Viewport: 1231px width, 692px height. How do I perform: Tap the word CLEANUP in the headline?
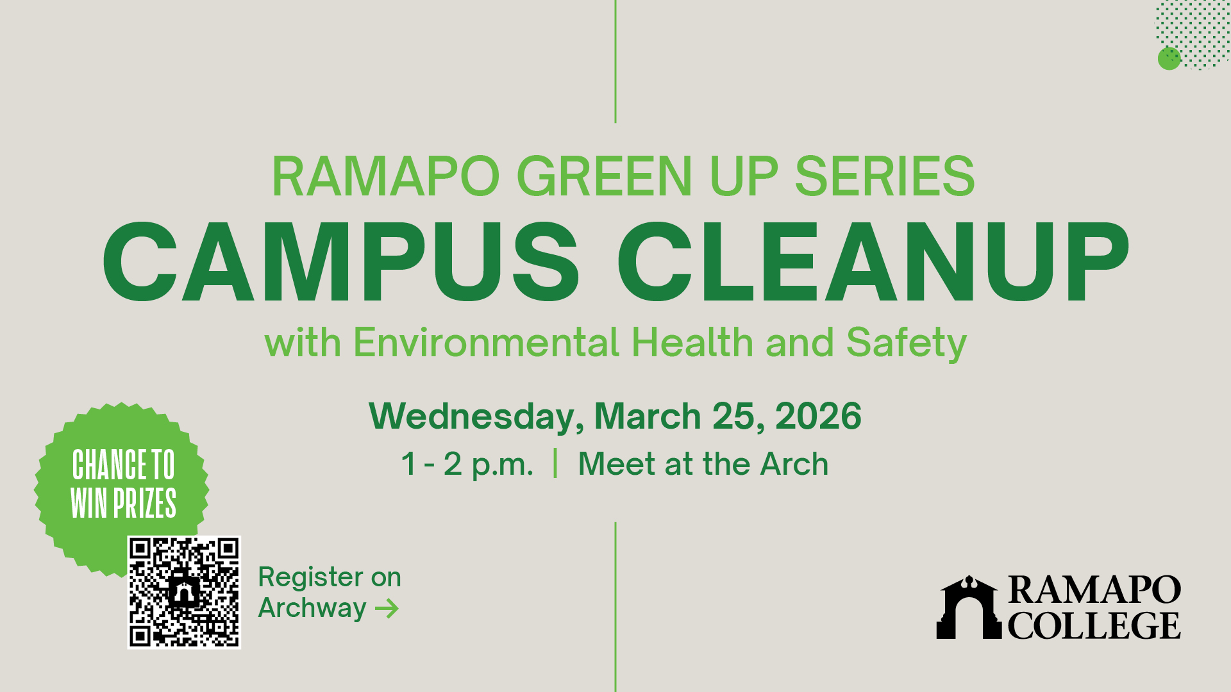tap(873, 261)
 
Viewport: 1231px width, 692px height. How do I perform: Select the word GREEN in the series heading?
tap(605, 176)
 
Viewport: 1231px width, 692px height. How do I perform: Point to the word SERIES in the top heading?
tap(885, 176)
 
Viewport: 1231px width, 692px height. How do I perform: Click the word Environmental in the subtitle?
tap(487, 342)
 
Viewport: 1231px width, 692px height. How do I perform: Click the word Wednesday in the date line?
tap(476, 417)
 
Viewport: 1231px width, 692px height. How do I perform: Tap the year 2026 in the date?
tap(819, 416)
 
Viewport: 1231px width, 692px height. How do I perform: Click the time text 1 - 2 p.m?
tap(467, 465)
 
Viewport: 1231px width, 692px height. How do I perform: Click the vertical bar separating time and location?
tap(555, 463)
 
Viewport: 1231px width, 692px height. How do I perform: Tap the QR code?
tap(184, 592)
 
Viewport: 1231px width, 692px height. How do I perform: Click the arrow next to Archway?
tap(387, 608)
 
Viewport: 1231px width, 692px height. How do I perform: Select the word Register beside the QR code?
tap(301, 579)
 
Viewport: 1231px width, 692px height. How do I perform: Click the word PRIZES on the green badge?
tap(145, 503)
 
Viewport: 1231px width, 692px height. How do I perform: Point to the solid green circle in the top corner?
tap(1169, 58)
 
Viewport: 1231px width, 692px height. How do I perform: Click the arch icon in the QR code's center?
tap(184, 592)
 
